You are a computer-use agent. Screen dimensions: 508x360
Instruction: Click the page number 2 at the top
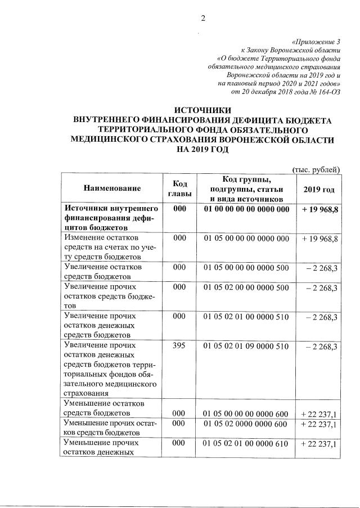tap(204, 17)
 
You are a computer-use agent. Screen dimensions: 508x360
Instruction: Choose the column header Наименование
tap(112, 188)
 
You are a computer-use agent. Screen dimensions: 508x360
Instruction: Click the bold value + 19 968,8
tap(319, 209)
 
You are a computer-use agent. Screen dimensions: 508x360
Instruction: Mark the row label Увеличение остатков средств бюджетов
tap(103, 271)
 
